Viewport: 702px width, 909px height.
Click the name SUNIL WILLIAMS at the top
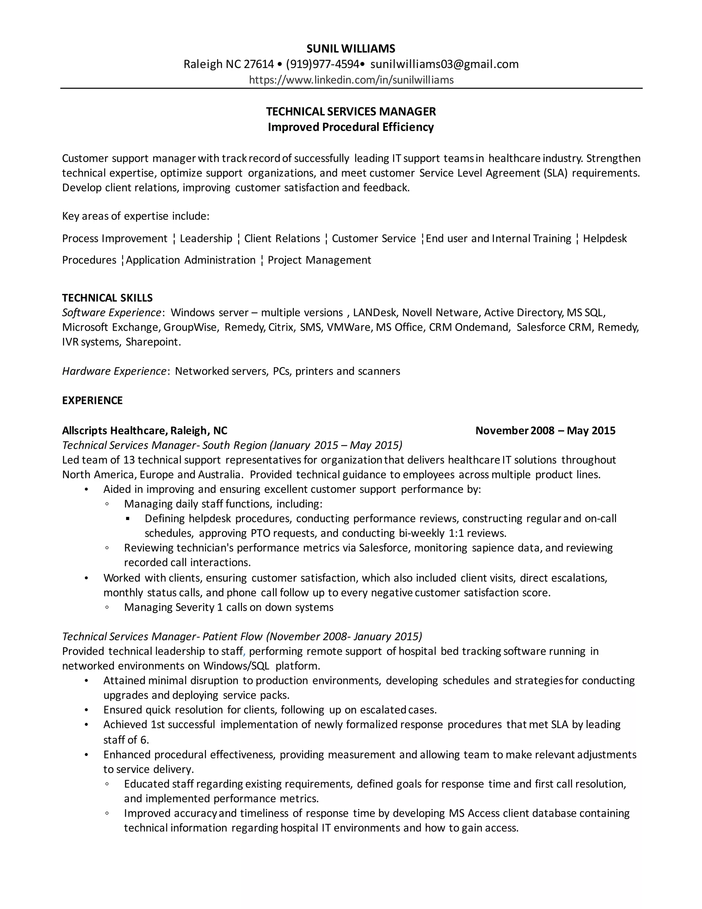click(x=351, y=49)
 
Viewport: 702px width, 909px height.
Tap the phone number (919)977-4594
click(x=323, y=64)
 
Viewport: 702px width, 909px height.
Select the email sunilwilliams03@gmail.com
click(x=444, y=64)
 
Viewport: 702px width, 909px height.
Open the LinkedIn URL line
click(x=351, y=80)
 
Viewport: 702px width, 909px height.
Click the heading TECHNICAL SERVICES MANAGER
click(x=351, y=111)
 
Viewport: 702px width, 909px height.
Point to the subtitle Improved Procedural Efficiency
click(x=351, y=127)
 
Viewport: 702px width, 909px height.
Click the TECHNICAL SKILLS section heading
click(x=107, y=298)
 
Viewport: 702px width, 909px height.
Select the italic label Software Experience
click(x=111, y=312)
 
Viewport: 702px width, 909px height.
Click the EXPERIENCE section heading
click(x=92, y=400)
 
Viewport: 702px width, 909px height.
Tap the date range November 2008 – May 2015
click(x=545, y=430)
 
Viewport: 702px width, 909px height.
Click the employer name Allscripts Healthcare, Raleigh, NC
click(x=145, y=430)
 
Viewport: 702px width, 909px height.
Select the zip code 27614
click(x=259, y=64)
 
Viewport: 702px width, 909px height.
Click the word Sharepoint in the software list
click(x=153, y=342)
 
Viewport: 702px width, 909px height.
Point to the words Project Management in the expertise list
click(x=319, y=260)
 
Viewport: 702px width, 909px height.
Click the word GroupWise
click(x=190, y=327)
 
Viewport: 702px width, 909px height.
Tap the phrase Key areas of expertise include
click(x=136, y=216)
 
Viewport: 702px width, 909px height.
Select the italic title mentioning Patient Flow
click(x=242, y=636)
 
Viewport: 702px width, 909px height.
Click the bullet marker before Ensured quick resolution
click(x=86, y=710)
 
